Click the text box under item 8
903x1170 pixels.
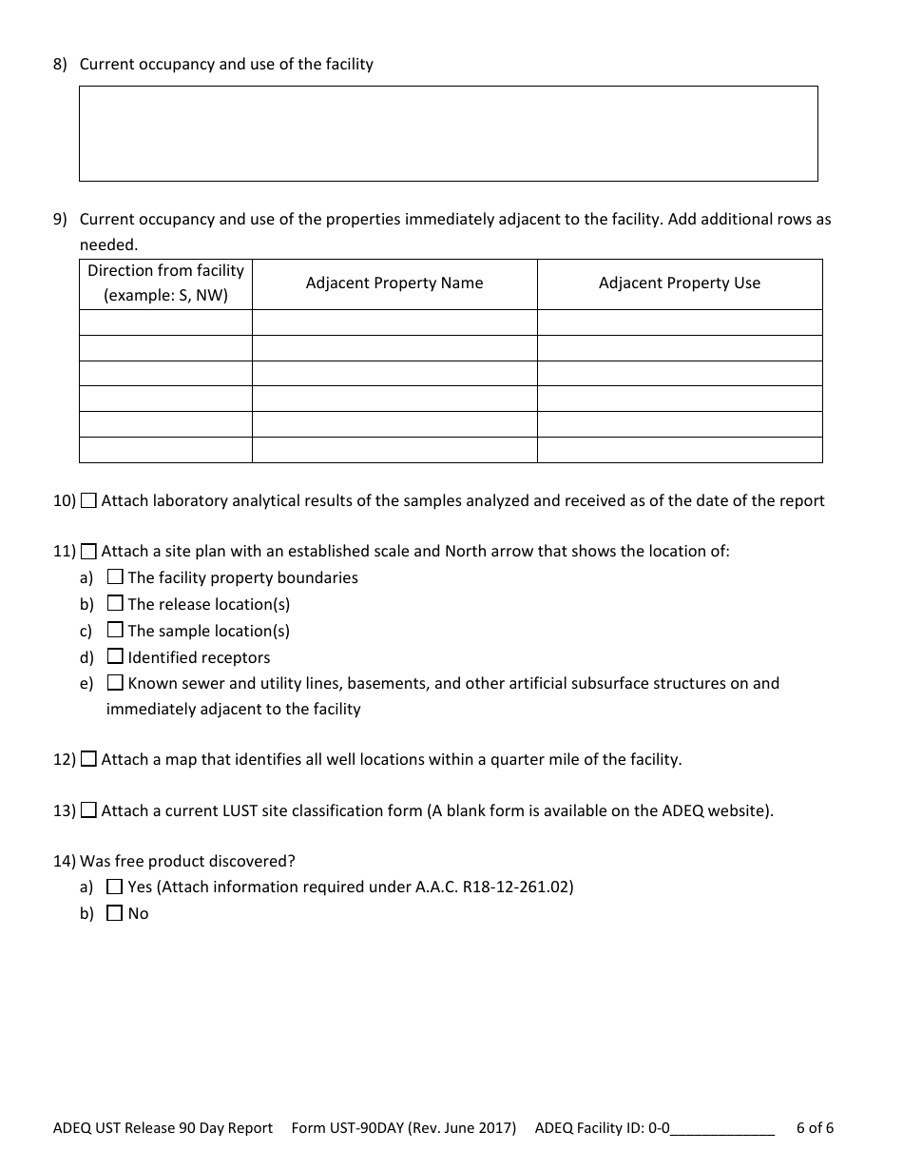point(448,133)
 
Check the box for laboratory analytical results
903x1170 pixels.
point(88,500)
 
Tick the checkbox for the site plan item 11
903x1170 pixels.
point(88,551)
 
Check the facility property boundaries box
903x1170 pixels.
point(115,576)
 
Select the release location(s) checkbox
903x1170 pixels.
point(115,603)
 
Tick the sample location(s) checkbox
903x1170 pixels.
point(115,630)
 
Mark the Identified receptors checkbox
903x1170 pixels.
point(115,656)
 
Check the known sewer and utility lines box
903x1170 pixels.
point(115,682)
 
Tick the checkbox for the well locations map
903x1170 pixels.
point(88,759)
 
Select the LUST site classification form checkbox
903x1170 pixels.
point(88,810)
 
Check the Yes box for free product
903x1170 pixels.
point(115,887)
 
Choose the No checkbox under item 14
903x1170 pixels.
point(115,913)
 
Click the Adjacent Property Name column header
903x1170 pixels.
point(394,283)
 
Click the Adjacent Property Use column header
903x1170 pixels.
point(679,283)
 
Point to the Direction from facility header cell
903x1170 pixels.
point(165,283)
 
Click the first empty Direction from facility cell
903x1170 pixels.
point(165,322)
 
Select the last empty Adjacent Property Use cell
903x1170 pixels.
point(679,450)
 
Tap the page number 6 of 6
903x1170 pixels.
point(815,1128)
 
